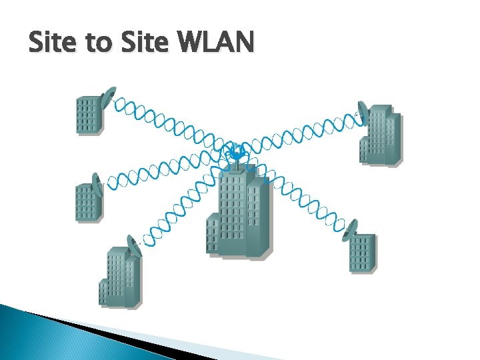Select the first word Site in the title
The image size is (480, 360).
[53, 43]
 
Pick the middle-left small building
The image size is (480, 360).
[88, 202]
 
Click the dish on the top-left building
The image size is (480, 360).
[108, 97]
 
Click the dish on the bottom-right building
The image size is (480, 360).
[347, 229]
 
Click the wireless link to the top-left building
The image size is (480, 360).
[167, 123]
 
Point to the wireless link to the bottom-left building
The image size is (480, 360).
[180, 207]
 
